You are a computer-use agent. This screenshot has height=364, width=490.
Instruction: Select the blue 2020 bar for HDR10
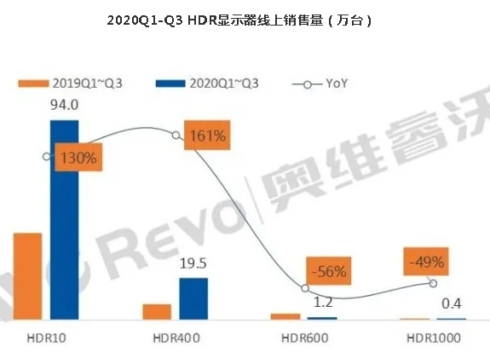coord(64,219)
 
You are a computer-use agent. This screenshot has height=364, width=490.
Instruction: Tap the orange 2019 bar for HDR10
coord(27,275)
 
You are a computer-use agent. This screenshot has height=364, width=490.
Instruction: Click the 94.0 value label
coord(64,107)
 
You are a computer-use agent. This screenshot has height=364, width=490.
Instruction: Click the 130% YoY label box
coord(79,158)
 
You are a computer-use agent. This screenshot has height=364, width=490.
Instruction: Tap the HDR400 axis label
coord(176,338)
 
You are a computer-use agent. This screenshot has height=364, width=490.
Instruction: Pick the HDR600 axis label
coord(304,338)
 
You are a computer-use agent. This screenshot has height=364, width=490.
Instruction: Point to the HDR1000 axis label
coord(433,338)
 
